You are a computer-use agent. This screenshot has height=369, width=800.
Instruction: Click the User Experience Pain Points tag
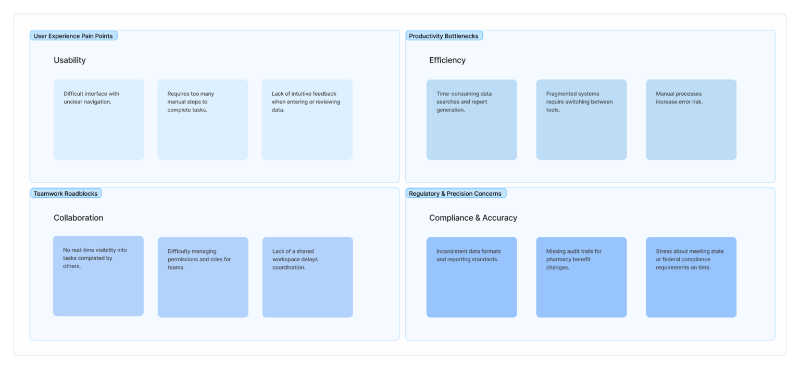pos(73,36)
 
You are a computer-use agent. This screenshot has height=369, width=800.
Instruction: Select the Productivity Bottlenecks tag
pos(444,36)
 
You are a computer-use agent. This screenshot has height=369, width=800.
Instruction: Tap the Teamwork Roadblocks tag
pos(66,193)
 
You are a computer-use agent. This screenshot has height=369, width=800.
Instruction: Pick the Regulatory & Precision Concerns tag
pos(456,193)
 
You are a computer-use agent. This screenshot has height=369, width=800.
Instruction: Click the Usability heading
pos(70,60)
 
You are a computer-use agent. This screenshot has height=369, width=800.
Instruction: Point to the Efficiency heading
pos(447,60)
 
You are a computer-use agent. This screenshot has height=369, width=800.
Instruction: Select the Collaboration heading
pos(78,218)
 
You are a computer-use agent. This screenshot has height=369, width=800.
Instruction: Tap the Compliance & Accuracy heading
pos(473,218)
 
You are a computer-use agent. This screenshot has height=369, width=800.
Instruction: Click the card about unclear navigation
pos(99,120)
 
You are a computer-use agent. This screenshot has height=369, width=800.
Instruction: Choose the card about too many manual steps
pos(203,120)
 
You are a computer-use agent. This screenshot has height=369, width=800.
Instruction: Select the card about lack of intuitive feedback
pos(307,120)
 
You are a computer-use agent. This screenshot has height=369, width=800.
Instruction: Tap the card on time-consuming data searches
pos(472,120)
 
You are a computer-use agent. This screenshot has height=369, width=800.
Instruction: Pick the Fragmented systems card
pos(581,120)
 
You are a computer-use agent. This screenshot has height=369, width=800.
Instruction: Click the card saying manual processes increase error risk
pos(691,120)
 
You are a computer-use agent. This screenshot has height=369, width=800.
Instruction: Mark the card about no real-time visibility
pos(98,276)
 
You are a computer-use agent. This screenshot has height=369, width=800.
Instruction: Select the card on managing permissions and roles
pos(203,277)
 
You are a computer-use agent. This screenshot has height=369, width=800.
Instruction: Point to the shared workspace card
pos(307,277)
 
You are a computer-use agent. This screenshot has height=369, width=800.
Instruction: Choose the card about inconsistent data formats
pos(472,277)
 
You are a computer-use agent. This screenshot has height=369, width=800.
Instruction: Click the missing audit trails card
pos(581,277)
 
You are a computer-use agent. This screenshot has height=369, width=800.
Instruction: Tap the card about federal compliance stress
pos(691,277)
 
